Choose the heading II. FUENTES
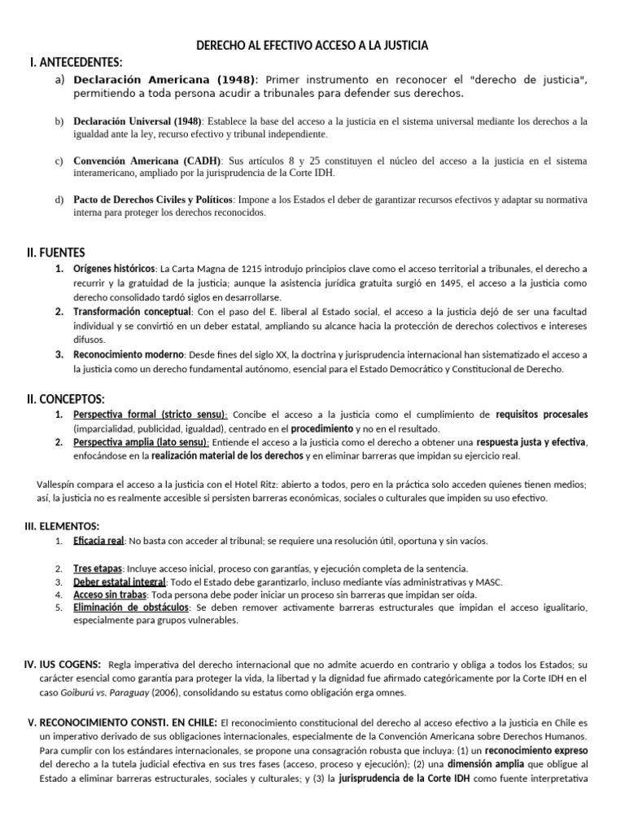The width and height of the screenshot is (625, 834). coord(55,252)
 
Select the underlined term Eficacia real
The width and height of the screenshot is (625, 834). coord(98,541)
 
